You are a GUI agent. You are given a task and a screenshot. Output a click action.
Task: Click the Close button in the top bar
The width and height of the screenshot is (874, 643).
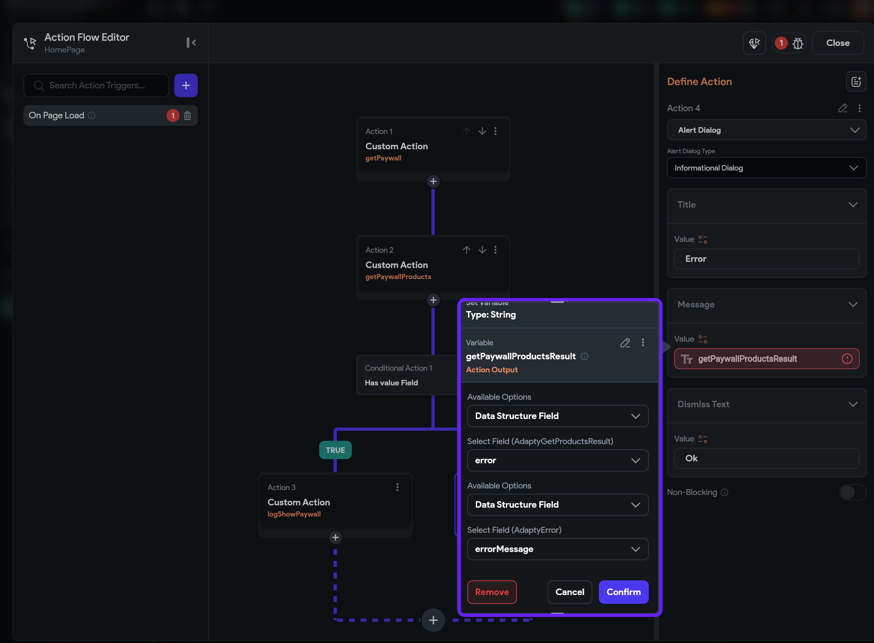tap(838, 43)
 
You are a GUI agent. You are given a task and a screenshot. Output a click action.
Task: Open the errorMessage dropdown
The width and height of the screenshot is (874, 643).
tap(558, 549)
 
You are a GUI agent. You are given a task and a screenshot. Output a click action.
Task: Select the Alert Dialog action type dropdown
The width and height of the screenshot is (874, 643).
tap(767, 130)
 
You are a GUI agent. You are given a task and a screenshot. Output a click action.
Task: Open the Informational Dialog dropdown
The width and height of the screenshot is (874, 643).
tap(767, 168)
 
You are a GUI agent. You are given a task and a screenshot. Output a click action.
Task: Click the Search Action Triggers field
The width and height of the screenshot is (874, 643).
tap(96, 85)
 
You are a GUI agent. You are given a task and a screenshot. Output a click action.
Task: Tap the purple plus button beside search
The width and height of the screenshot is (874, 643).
tap(186, 85)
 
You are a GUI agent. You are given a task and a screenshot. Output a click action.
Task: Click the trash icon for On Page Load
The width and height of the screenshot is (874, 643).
tap(187, 116)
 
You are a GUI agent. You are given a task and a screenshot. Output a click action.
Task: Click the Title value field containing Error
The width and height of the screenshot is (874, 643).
tap(767, 259)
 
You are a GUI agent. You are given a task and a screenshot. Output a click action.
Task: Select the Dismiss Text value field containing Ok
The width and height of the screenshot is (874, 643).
tap(767, 458)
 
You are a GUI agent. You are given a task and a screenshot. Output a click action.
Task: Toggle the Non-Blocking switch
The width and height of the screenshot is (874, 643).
tap(852, 492)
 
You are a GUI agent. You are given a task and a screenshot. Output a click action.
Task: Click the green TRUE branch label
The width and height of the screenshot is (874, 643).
tap(336, 450)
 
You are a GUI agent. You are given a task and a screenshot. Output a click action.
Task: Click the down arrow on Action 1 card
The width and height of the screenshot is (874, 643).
tap(482, 131)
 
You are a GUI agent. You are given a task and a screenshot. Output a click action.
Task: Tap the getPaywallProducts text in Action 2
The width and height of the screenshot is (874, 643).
tap(398, 277)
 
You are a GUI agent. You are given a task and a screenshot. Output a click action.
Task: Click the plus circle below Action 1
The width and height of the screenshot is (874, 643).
tap(433, 181)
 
